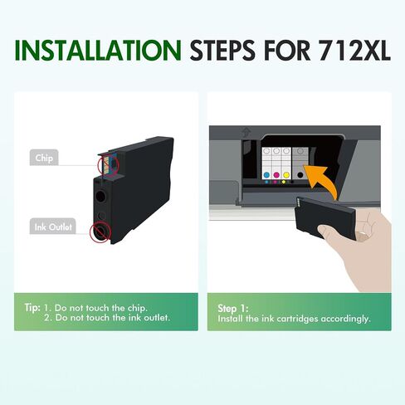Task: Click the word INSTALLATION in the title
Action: (x=98, y=51)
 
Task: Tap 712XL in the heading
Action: (x=354, y=51)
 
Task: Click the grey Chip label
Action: (x=44, y=158)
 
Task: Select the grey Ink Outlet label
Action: (x=53, y=227)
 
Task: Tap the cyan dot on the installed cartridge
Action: (x=266, y=174)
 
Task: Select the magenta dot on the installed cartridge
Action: (x=276, y=174)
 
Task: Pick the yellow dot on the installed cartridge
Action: (x=286, y=174)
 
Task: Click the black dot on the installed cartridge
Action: (x=300, y=174)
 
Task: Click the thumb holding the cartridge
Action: (x=330, y=232)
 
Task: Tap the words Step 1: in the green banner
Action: (x=233, y=308)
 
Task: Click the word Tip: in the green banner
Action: (x=32, y=308)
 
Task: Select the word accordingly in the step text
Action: (x=345, y=319)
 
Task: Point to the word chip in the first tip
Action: (x=137, y=308)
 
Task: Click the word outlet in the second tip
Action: (x=157, y=317)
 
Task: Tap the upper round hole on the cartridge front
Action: (x=100, y=196)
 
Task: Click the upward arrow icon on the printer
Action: (x=246, y=132)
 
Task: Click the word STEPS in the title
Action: (x=222, y=51)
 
